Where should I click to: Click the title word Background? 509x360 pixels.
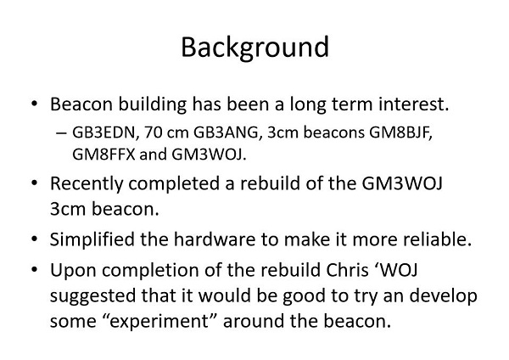[255, 48]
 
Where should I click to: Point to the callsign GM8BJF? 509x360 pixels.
[401, 132]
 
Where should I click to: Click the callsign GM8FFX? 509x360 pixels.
[103, 155]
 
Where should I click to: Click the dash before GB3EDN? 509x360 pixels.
[61, 133]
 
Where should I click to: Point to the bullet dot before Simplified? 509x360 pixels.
[35, 239]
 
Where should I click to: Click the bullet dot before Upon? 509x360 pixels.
[35, 270]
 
